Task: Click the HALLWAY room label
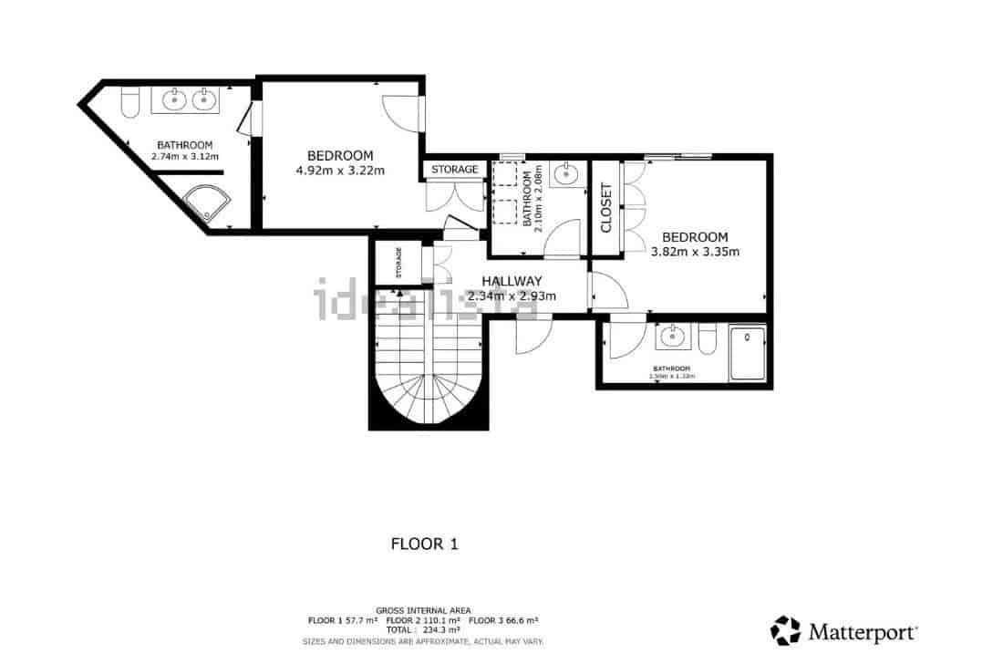pos(512,281)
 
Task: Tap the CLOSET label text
pos(606,208)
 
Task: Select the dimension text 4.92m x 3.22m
pos(340,171)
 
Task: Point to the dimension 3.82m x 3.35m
pos(695,252)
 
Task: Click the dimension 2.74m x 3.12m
pos(185,157)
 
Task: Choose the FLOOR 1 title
pos(424,545)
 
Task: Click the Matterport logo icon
pos(785,630)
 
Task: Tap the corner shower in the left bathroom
pos(209,204)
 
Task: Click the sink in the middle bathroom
pos(568,172)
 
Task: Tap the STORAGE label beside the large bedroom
pos(454,170)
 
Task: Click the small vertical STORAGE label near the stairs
pos(398,264)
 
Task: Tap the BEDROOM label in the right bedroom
pos(695,237)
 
